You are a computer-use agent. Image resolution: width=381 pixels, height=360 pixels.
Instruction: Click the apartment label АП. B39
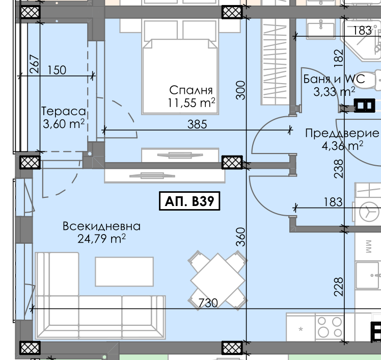189,201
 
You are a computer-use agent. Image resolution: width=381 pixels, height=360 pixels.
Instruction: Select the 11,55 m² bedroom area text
191,102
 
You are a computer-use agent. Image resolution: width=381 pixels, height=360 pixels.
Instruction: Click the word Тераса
64,111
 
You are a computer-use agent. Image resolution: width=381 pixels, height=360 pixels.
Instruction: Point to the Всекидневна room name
101,226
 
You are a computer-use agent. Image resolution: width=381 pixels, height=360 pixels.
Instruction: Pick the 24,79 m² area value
101,239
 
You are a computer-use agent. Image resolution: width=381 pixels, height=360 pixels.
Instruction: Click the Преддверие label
342,134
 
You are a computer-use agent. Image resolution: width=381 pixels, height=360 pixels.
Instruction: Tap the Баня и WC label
334,79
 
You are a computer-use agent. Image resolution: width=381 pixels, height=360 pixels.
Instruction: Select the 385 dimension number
197,124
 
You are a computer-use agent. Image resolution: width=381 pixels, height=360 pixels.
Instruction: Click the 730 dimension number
208,303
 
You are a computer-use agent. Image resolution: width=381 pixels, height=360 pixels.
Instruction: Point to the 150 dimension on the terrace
57,70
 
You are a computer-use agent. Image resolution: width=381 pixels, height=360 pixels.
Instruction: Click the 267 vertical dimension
34,64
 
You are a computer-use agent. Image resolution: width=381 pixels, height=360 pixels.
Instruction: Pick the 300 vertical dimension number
240,90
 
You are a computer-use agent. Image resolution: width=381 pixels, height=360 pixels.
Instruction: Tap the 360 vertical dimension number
240,237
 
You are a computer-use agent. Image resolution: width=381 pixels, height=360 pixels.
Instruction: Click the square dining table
217,280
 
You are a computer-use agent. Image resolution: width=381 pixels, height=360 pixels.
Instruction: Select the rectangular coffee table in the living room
124,271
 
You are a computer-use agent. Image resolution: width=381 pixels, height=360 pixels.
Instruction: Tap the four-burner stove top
330,327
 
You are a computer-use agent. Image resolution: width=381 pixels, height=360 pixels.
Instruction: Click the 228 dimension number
339,287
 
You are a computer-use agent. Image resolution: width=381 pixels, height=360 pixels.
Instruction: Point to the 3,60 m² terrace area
64,124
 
